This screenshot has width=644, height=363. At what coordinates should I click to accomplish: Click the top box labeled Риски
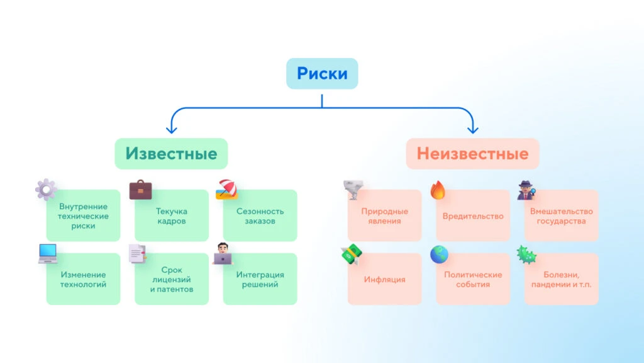pos(322,73)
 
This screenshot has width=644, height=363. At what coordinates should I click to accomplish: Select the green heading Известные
pos(171,154)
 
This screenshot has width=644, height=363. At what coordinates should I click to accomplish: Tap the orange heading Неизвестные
pos(472,154)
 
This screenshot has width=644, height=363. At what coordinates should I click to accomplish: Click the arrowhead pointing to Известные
pos(171,130)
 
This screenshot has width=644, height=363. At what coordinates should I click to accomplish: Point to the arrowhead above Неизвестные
pos(473,130)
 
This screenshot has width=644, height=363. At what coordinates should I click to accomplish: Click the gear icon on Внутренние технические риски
pos(46,189)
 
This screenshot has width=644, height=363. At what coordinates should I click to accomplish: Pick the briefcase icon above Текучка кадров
pos(140,190)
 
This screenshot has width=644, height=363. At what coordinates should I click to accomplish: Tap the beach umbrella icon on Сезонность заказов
pos(226,189)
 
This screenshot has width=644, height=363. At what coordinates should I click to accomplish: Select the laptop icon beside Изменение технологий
pos(48,253)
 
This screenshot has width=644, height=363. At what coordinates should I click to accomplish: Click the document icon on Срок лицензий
pos(137,253)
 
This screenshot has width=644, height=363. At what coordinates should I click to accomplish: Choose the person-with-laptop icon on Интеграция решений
pos(223,253)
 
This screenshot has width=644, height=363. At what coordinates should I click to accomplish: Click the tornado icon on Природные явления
pos(353,189)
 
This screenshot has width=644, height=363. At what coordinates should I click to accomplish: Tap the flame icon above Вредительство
pos(438,190)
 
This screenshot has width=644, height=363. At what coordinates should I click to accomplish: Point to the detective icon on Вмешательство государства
pos(526,190)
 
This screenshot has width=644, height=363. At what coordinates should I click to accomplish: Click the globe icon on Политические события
pos(439,255)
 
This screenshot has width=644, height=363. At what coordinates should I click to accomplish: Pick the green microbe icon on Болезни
pos(526,255)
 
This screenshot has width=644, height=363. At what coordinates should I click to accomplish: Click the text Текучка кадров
pos(172,216)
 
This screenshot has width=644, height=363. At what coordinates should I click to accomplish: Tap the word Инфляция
pos(384,279)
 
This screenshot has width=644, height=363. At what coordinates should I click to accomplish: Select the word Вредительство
pos(473,216)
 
